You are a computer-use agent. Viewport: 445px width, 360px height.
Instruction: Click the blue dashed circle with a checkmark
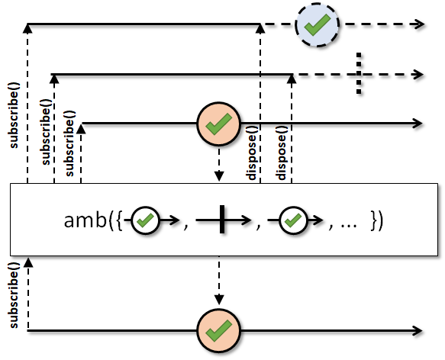(317, 24)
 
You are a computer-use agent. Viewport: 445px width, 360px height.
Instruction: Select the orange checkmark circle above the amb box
(218, 124)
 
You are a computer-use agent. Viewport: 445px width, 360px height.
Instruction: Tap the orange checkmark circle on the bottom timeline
(218, 331)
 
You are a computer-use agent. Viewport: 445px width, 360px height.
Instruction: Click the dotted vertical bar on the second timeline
(359, 73)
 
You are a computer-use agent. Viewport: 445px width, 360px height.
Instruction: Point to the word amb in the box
(85, 220)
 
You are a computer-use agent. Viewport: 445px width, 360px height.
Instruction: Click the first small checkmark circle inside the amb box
(146, 220)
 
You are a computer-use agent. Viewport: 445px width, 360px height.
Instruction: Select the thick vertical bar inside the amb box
(222, 220)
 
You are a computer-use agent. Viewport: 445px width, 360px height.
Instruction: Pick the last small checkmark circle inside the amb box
(293, 220)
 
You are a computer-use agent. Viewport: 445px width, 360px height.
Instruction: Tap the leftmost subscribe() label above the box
(15, 115)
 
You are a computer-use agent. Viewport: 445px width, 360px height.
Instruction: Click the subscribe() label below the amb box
(15, 295)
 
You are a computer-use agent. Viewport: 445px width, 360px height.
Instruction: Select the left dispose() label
(253, 153)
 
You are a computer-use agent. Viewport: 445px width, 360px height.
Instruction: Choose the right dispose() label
(282, 153)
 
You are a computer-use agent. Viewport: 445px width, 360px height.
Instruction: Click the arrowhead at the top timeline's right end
(420, 24)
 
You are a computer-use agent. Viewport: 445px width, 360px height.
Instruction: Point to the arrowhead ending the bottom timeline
(418, 331)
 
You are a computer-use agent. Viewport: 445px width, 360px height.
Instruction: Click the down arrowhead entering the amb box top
(219, 176)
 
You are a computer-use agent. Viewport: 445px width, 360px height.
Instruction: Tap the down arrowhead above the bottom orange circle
(219, 300)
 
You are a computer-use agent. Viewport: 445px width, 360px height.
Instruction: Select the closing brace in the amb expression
(375, 220)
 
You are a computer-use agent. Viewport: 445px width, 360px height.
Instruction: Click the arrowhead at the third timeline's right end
(418, 124)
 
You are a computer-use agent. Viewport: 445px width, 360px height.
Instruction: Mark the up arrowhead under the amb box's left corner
(28, 262)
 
